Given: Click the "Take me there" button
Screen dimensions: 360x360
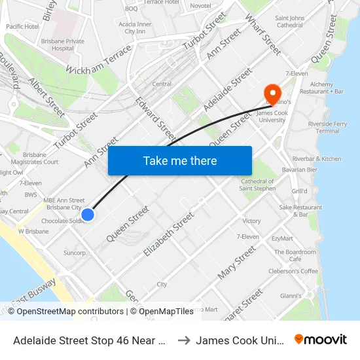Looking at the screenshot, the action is click(x=180, y=160).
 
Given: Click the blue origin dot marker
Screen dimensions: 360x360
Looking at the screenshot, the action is click(x=88, y=214).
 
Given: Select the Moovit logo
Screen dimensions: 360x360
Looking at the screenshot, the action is click(x=321, y=339).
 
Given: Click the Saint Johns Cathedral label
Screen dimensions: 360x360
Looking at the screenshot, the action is click(x=298, y=22).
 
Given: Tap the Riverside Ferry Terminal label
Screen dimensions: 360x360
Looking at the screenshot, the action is click(x=332, y=126).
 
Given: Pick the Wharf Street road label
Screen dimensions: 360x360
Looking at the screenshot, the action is click(x=263, y=36).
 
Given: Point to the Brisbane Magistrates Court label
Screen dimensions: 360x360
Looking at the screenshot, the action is click(x=41, y=158).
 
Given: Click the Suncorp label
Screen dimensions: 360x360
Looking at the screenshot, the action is click(x=75, y=253).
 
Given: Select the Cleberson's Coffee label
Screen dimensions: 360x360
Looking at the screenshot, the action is click(x=293, y=271).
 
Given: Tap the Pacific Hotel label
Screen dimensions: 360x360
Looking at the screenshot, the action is click(x=22, y=27).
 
